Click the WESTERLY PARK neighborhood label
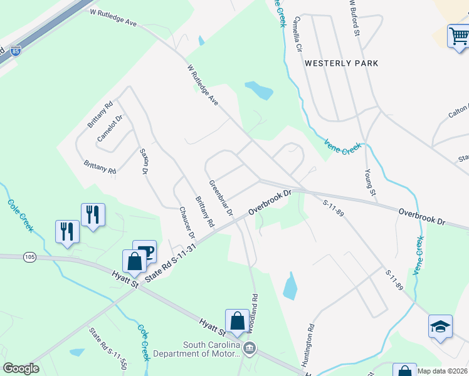(341, 63)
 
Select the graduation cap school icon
(440, 326)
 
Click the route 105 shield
(29, 256)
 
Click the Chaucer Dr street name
(187, 222)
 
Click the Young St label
(369, 182)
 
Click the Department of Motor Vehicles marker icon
(250, 348)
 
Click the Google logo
(21, 368)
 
